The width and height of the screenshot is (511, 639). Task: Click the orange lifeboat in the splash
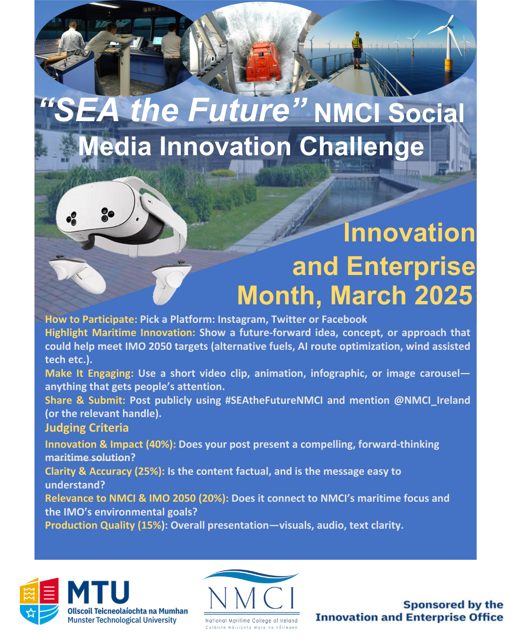pyautogui.click(x=262, y=62)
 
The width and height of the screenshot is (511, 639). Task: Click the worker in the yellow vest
pyautogui.click(x=357, y=50)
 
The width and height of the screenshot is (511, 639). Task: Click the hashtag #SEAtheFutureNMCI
pyautogui.click(x=273, y=400)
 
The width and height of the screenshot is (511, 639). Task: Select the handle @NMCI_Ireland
pyautogui.click(x=432, y=400)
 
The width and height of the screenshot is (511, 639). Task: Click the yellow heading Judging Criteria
pyautogui.click(x=87, y=427)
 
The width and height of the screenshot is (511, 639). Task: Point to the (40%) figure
pyautogui.click(x=161, y=444)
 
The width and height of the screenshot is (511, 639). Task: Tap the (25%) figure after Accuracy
pyautogui.click(x=150, y=471)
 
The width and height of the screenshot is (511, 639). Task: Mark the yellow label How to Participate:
pyautogui.click(x=91, y=319)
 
